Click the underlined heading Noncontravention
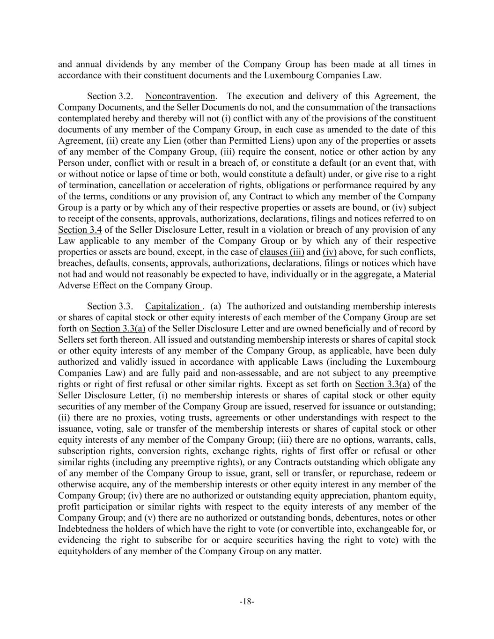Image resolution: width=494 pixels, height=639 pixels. point(180,96)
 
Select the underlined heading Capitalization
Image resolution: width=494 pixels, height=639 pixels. point(173,307)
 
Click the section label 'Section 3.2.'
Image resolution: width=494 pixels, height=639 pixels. point(110,96)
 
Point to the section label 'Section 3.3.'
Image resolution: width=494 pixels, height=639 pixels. point(110,307)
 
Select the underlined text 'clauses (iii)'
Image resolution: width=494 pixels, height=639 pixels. point(282,252)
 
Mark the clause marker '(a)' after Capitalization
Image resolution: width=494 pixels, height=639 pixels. point(216,307)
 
